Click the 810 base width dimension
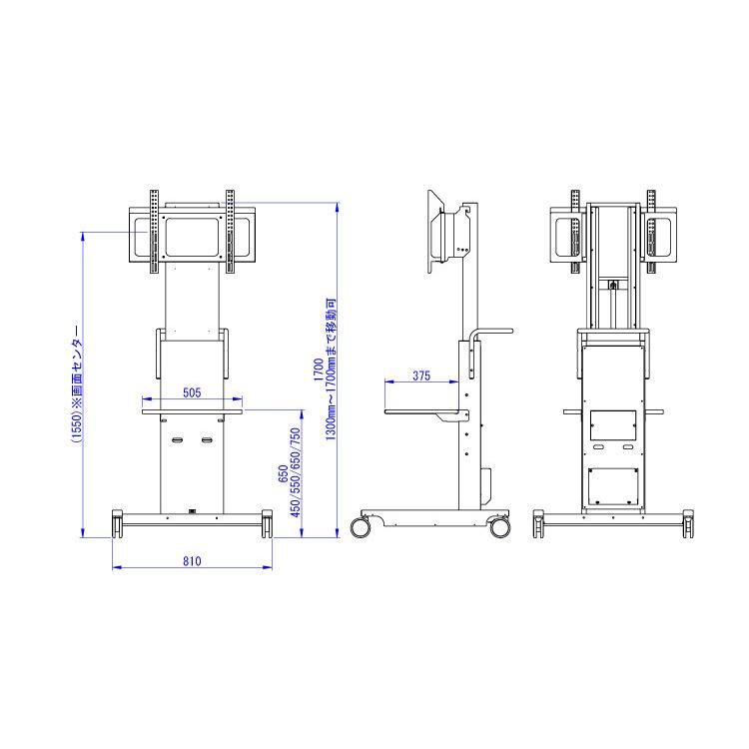tap(192, 561)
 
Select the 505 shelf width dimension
tap(192, 392)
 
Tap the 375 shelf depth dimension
tap(421, 375)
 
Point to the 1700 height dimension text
tap(319, 370)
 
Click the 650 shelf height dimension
tap(283, 473)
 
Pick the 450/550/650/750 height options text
tap(296, 472)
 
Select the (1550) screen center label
tap(77, 385)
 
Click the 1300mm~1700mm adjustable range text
tap(331, 370)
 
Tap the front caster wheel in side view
tap(361, 526)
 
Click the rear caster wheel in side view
tap(499, 526)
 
